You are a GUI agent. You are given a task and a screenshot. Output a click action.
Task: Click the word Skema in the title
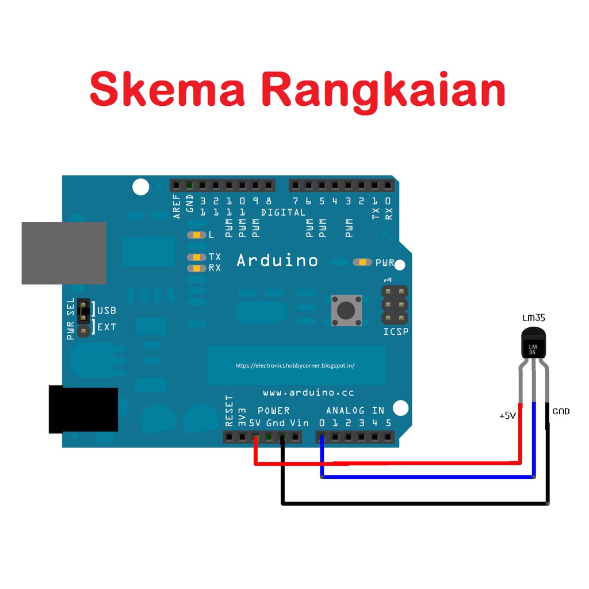click(167, 90)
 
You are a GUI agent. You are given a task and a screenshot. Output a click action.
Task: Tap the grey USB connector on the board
click(64, 253)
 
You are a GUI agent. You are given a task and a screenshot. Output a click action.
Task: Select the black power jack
click(83, 410)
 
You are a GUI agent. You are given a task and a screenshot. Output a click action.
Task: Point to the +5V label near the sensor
click(507, 415)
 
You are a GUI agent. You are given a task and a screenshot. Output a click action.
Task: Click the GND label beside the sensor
click(561, 411)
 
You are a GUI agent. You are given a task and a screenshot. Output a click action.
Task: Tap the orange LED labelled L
click(197, 235)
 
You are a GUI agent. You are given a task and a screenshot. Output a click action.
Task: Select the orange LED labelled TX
click(197, 257)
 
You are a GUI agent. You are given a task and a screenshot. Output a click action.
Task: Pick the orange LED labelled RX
click(197, 268)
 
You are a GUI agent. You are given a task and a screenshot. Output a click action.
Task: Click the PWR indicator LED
click(363, 262)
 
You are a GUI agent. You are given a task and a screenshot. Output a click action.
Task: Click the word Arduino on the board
click(277, 261)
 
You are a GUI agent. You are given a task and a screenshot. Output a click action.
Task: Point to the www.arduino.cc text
click(308, 393)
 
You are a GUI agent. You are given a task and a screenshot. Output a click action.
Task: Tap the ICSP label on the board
click(396, 332)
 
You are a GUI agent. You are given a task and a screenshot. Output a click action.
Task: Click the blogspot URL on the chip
click(295, 365)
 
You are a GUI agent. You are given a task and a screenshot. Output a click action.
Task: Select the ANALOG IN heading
click(355, 411)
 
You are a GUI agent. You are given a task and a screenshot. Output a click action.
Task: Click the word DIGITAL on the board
click(283, 212)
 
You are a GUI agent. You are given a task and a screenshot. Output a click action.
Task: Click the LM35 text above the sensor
click(533, 318)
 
